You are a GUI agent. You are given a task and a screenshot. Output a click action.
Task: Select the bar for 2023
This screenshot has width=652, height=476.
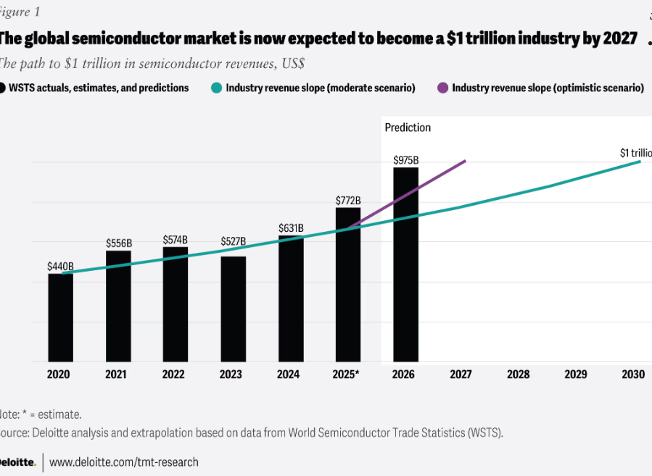pyautogui.click(x=233, y=309)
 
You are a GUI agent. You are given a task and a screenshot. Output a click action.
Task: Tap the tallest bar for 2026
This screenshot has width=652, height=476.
pyautogui.click(x=405, y=264)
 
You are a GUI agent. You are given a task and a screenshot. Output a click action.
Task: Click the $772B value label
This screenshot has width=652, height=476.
pyautogui.click(x=348, y=199)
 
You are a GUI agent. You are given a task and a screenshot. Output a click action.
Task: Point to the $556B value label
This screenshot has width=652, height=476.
pyautogui.click(x=118, y=243)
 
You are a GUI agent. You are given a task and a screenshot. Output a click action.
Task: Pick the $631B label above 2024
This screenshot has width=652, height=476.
pyautogui.click(x=291, y=228)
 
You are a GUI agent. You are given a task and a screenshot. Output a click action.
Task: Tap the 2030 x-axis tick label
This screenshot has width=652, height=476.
pyautogui.click(x=633, y=375)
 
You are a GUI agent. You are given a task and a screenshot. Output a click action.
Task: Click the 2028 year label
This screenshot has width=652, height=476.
pyautogui.click(x=518, y=375)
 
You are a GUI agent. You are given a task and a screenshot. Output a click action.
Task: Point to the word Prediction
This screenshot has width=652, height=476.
pyautogui.click(x=408, y=128)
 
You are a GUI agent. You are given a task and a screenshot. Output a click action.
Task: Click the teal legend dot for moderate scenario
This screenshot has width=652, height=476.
pyautogui.click(x=216, y=88)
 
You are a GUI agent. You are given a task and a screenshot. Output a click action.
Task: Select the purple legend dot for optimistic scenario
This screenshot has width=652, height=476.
pyautogui.click(x=442, y=88)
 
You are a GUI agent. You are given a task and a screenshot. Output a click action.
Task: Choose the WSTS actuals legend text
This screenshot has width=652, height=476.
pyautogui.click(x=99, y=88)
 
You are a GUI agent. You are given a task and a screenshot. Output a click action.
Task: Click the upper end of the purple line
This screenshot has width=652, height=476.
pyautogui.click(x=465, y=161)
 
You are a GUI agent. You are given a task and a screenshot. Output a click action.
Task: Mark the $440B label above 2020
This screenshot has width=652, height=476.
pyautogui.click(x=61, y=267)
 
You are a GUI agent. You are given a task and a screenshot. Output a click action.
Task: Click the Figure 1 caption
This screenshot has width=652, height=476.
pyautogui.click(x=20, y=12)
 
